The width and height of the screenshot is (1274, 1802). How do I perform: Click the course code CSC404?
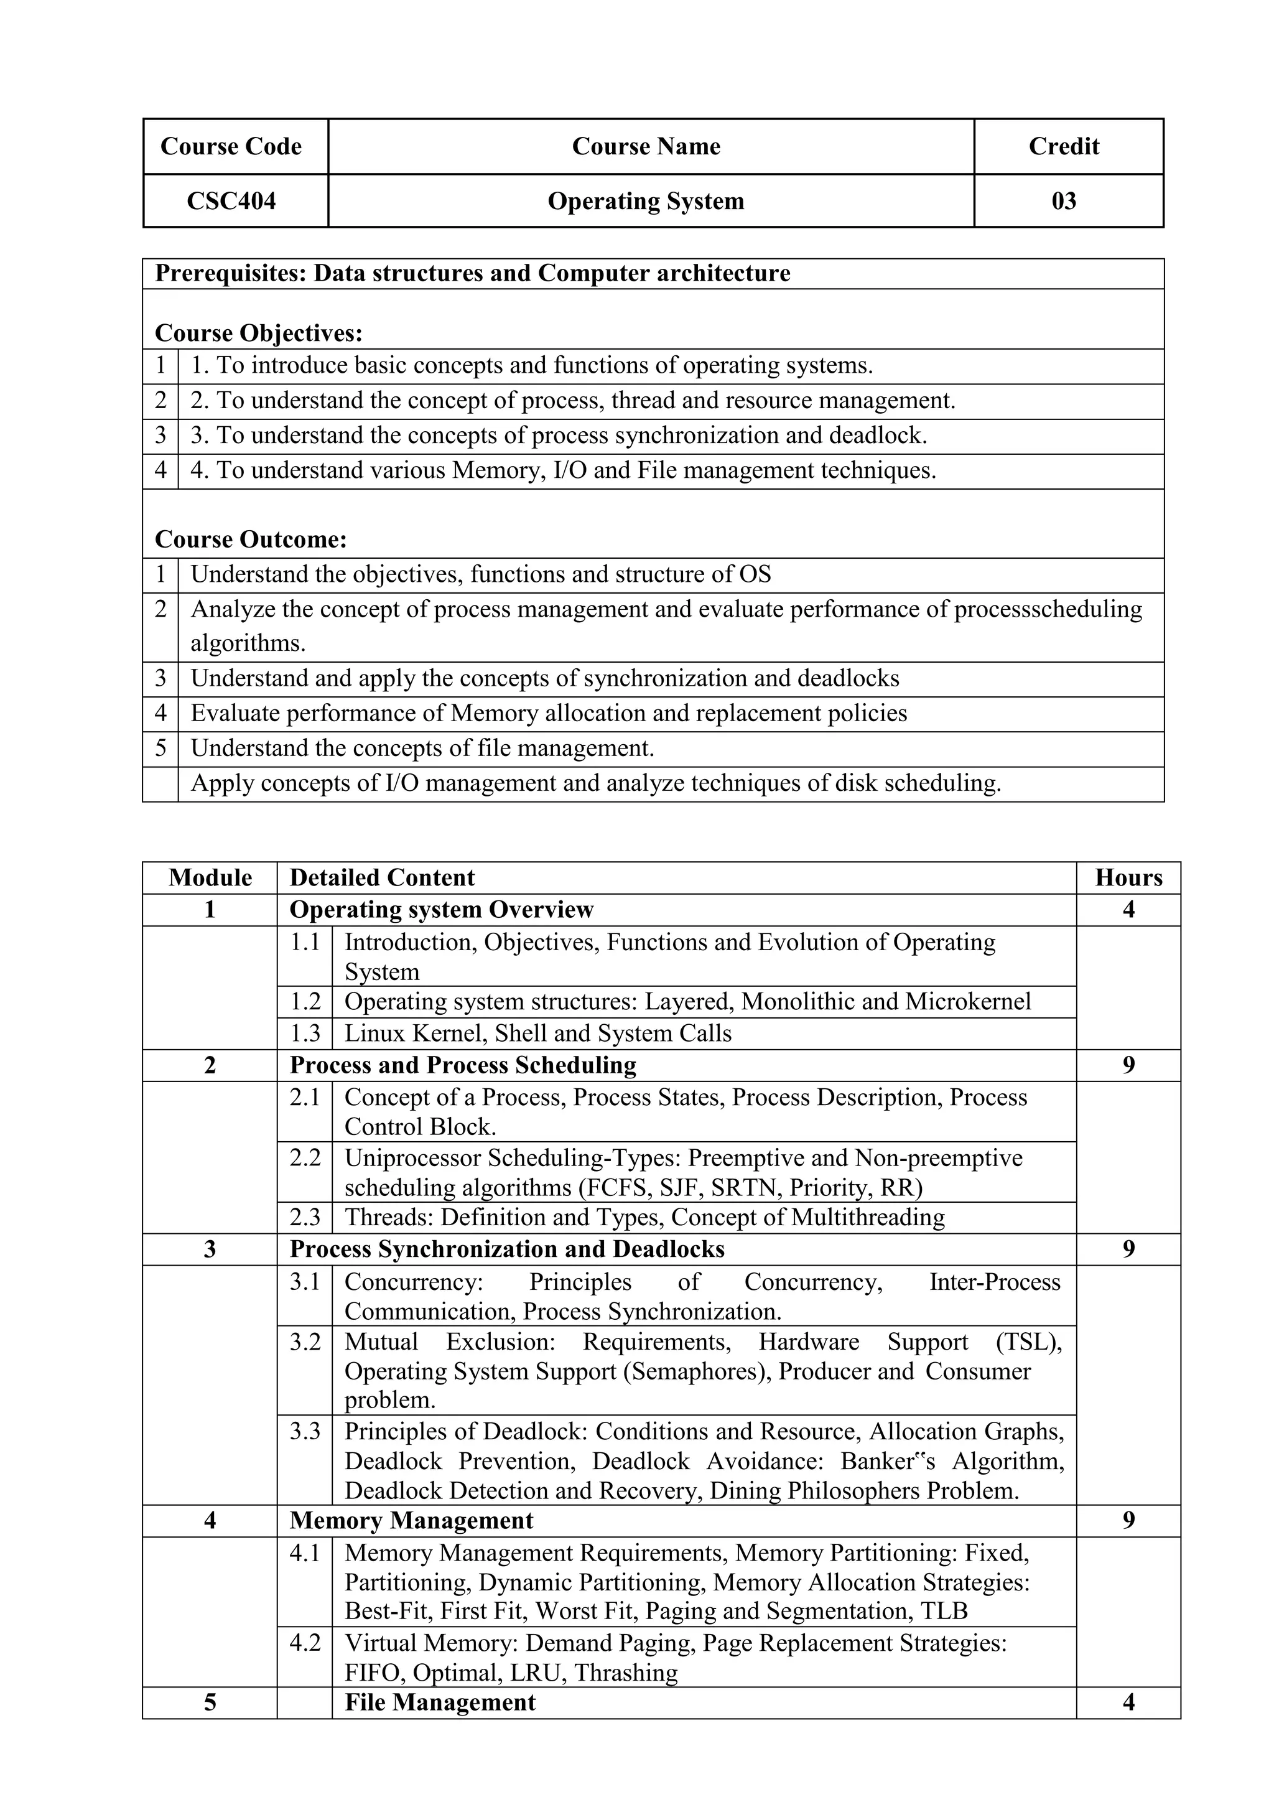click(x=231, y=202)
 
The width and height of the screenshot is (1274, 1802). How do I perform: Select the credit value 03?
click(x=1064, y=202)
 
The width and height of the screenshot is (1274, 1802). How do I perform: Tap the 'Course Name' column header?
click(x=646, y=147)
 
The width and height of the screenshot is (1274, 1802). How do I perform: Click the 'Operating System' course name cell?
click(x=646, y=202)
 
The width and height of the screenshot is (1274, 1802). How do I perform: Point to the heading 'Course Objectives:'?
click(x=259, y=334)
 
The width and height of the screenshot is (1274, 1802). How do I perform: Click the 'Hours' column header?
click(x=1128, y=877)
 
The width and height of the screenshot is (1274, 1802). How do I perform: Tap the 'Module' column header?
click(x=210, y=877)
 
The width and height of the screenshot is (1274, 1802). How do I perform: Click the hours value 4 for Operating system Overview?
click(x=1128, y=910)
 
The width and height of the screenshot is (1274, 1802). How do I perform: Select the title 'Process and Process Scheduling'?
click(x=463, y=1065)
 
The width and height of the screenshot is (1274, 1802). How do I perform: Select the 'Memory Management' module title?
click(x=411, y=1521)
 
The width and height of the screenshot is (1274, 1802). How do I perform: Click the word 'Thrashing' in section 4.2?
click(x=625, y=1673)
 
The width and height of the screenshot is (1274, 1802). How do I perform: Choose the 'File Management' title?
click(x=440, y=1702)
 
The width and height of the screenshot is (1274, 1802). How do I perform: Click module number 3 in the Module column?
click(x=210, y=1249)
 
